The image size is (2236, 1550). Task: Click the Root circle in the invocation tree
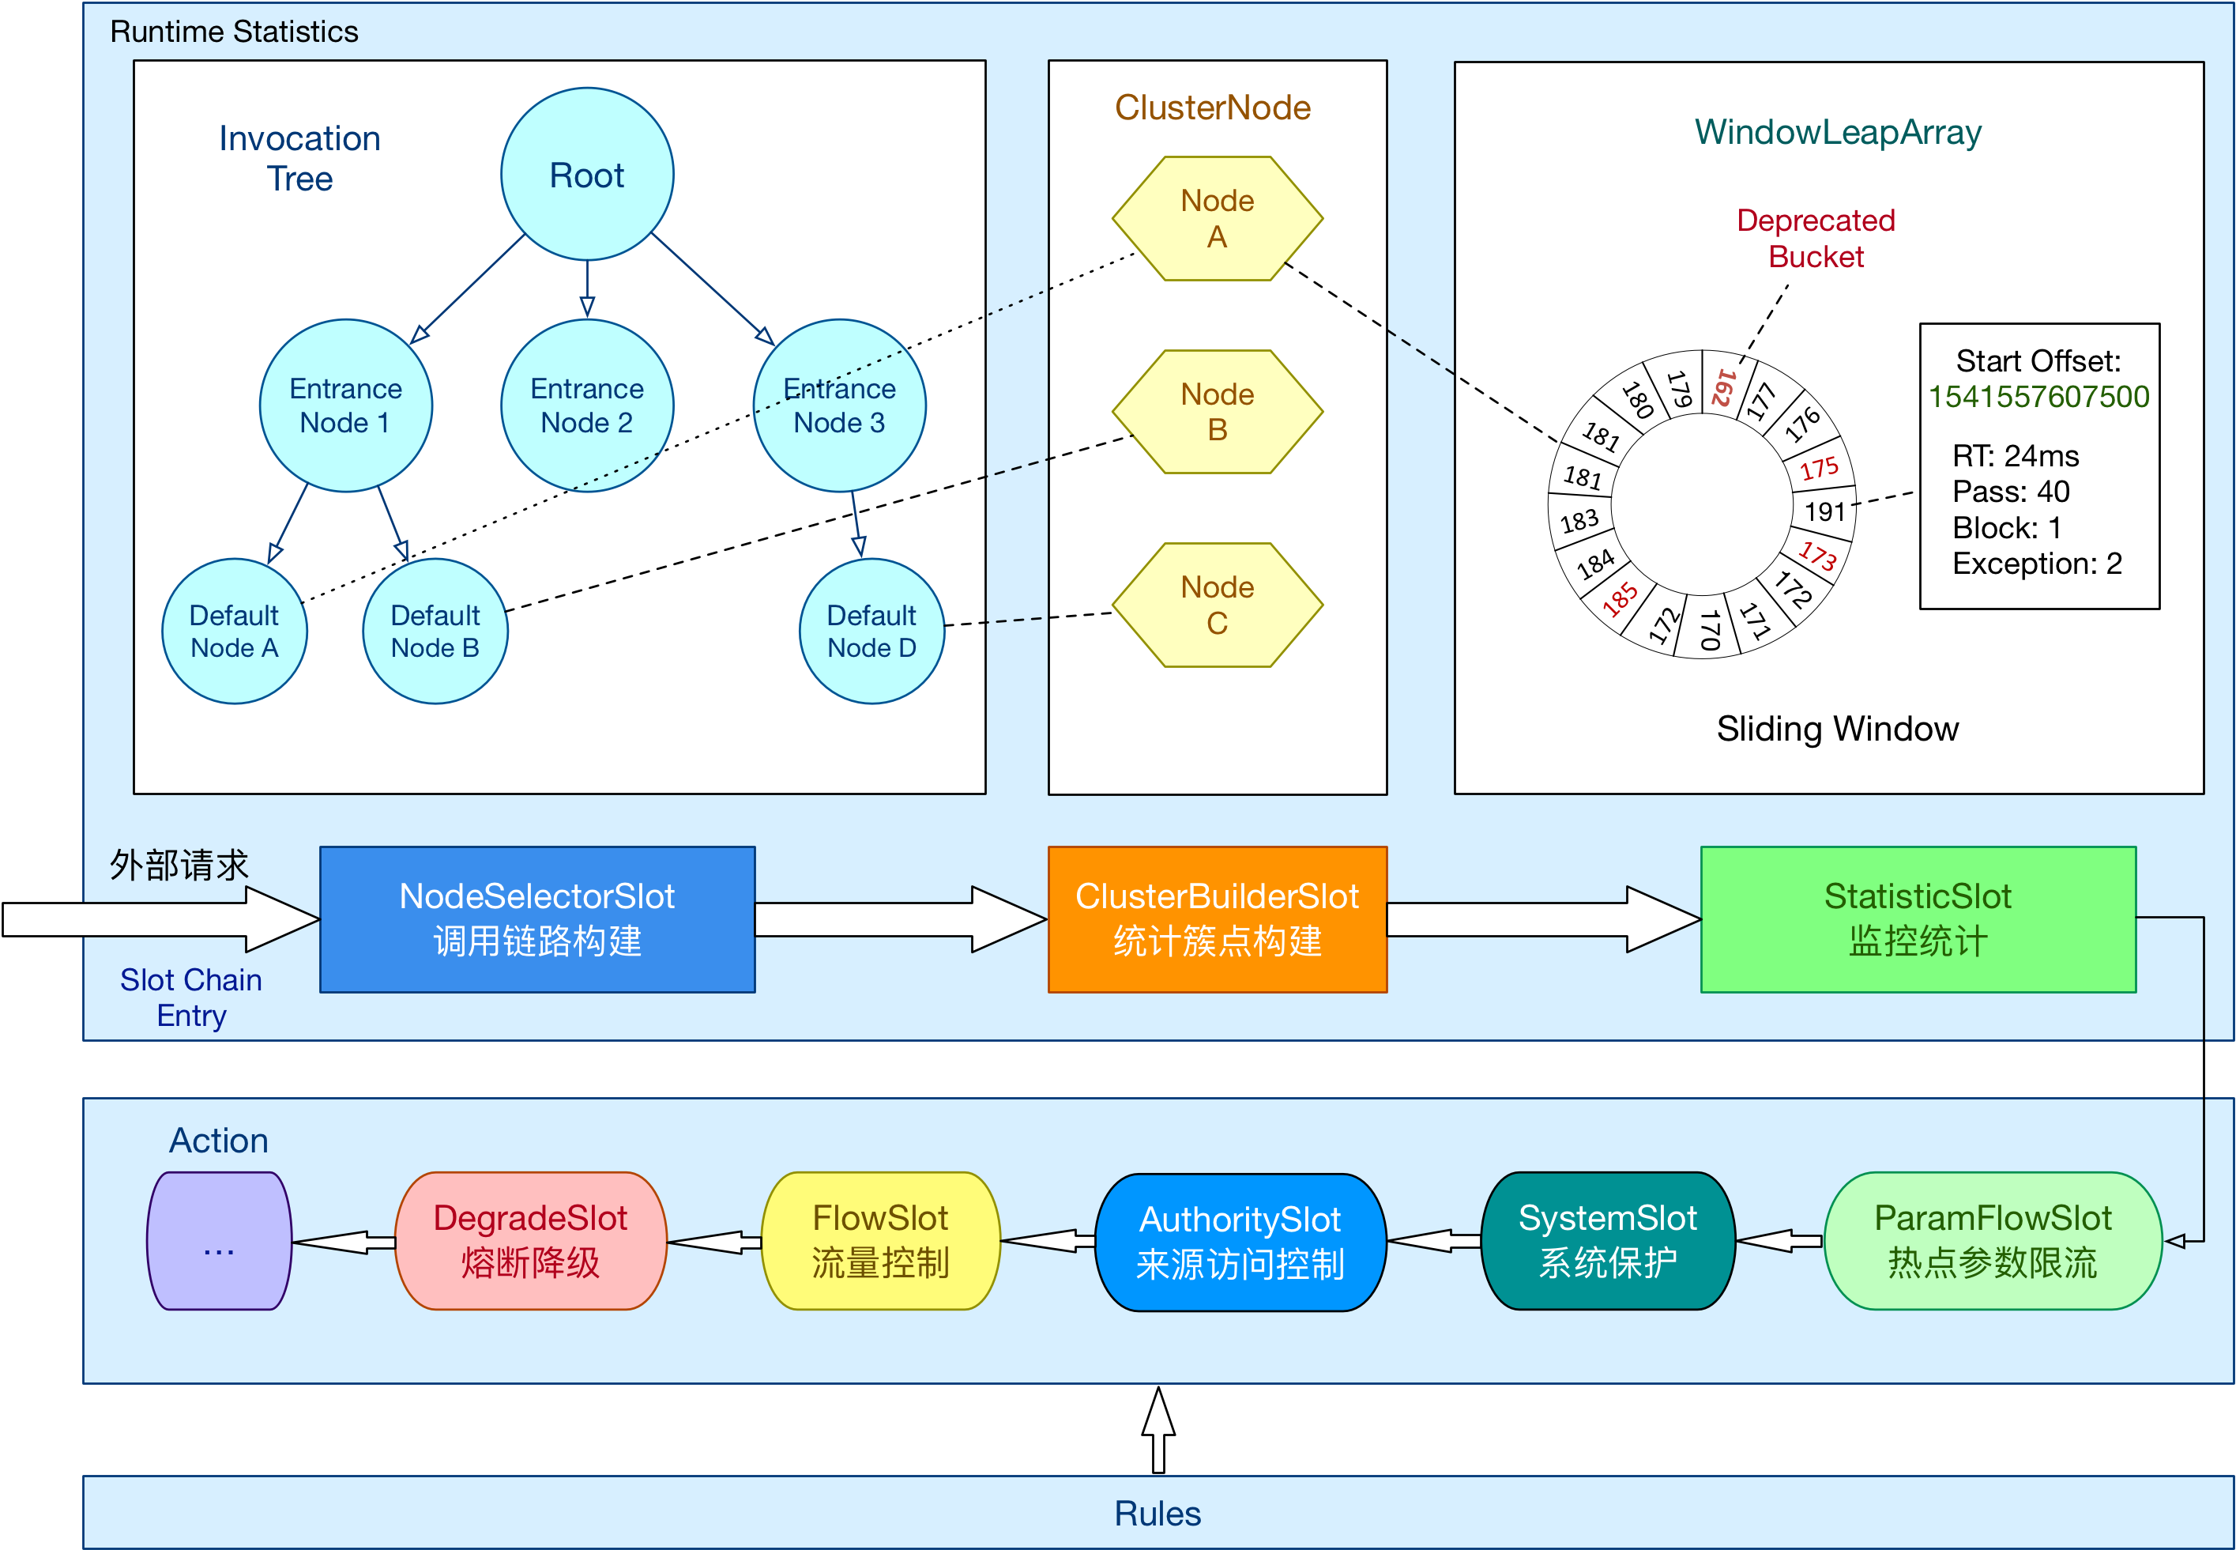pyautogui.click(x=586, y=175)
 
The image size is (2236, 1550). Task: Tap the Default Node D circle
pyautogui.click(x=871, y=632)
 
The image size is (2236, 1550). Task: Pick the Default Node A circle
pyautogui.click(x=234, y=632)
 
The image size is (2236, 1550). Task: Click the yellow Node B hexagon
pyautogui.click(x=1217, y=412)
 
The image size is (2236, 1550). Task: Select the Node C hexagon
pyautogui.click(x=1217, y=605)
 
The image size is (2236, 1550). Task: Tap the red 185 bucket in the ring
pyautogui.click(x=1620, y=599)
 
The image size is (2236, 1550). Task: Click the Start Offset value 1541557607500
pyautogui.click(x=2038, y=396)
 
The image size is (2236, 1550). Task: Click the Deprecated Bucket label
pyautogui.click(x=1816, y=238)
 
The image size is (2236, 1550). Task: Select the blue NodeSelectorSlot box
pyautogui.click(x=537, y=918)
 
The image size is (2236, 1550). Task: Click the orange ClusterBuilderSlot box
pyautogui.click(x=1217, y=918)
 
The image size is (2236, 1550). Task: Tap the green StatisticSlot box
pyautogui.click(x=1918, y=918)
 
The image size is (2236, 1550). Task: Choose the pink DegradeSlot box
pyautogui.click(x=530, y=1240)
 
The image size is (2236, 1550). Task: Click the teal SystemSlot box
pyautogui.click(x=1607, y=1240)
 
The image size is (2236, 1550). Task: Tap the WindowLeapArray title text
pyautogui.click(x=1837, y=132)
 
